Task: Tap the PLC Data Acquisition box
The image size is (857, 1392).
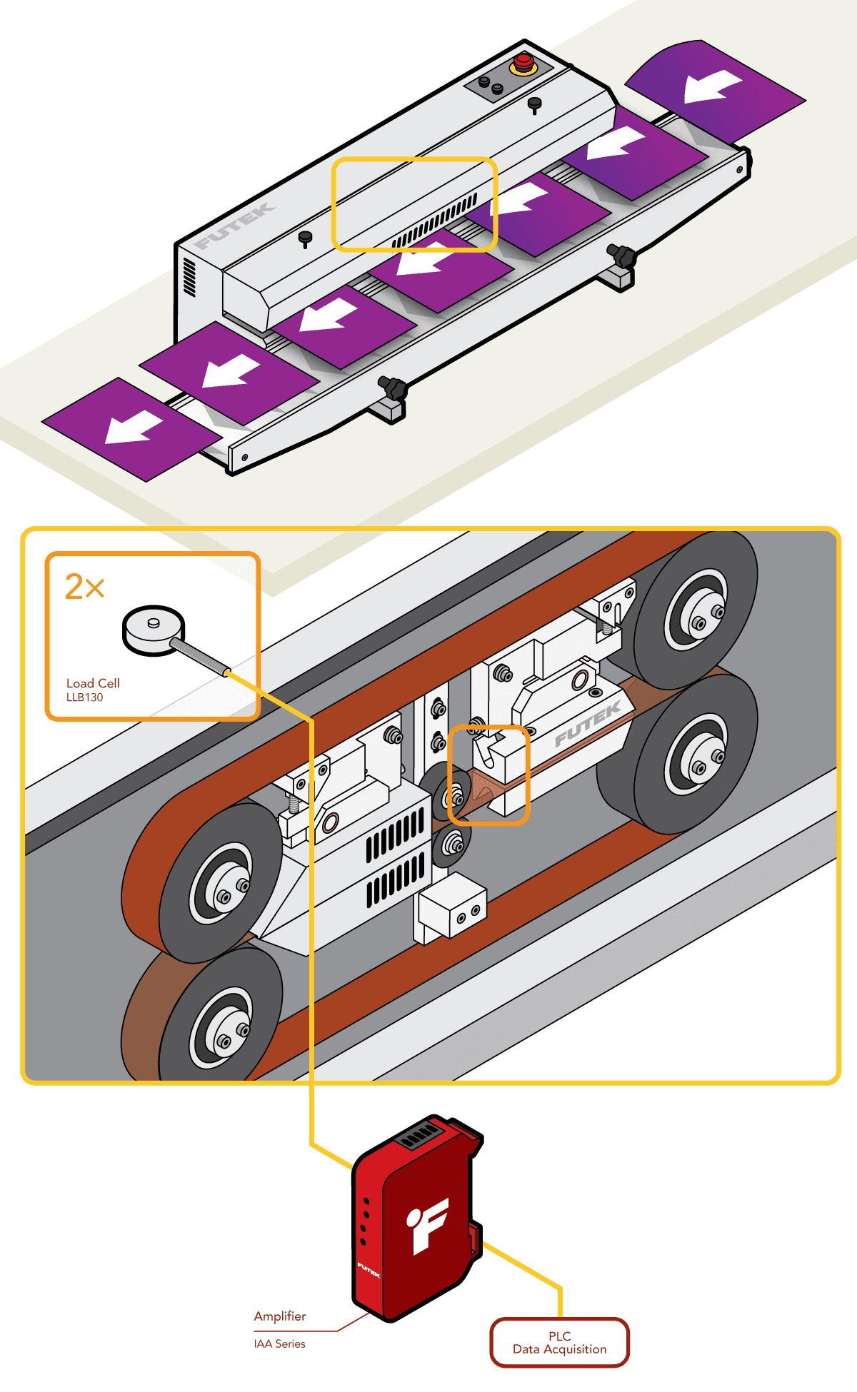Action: tap(559, 1343)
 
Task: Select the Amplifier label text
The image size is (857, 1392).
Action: tap(280, 1316)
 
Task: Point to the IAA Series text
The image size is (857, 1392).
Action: tap(279, 1343)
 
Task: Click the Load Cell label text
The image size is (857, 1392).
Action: tap(93, 683)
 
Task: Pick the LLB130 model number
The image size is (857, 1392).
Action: tap(84, 697)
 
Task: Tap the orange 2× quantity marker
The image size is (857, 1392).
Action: tap(84, 587)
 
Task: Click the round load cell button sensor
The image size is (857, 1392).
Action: tap(154, 628)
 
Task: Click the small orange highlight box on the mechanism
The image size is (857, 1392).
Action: tap(488, 775)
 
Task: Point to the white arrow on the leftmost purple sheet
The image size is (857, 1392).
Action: tap(134, 428)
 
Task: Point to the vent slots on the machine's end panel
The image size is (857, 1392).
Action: tap(189, 277)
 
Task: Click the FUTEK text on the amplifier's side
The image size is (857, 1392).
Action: tap(369, 1270)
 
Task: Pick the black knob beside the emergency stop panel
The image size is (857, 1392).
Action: tap(534, 105)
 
